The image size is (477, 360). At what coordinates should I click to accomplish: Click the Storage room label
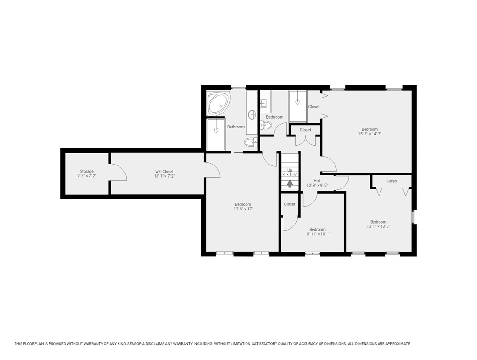[87, 171]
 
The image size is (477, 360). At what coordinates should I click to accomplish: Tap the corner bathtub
[218, 103]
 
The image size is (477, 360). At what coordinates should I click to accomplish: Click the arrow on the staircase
[290, 183]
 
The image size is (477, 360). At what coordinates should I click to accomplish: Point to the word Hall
[317, 181]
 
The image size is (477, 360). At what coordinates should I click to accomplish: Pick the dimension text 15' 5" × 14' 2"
[370, 134]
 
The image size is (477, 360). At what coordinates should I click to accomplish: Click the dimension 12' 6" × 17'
[243, 209]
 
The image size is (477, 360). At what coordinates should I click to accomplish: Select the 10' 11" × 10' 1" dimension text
[317, 234]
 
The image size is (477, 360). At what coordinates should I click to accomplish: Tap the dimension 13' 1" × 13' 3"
[379, 226]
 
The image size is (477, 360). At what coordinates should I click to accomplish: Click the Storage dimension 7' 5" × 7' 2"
[87, 176]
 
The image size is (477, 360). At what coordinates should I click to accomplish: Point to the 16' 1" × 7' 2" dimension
[164, 176]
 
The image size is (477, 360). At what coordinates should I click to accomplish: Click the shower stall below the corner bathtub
[216, 134]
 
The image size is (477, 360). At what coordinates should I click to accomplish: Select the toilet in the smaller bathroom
[266, 125]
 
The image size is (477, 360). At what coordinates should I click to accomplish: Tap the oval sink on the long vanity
[252, 115]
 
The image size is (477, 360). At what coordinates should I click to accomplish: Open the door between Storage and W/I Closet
[118, 172]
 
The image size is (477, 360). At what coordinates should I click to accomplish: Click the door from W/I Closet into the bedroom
[213, 169]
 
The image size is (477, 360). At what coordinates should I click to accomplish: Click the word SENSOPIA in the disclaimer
[137, 344]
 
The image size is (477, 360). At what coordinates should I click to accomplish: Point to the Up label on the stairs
[290, 170]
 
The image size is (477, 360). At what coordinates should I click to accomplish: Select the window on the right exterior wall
[413, 217]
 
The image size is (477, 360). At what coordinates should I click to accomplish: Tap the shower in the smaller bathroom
[298, 106]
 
